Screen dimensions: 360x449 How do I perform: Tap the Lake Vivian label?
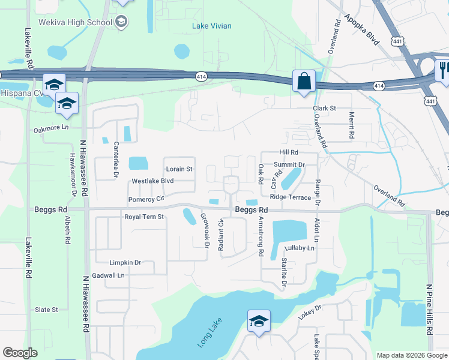click(x=211, y=26)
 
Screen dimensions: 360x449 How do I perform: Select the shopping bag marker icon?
click(x=304, y=80)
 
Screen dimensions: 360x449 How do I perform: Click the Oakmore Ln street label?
click(x=52, y=128)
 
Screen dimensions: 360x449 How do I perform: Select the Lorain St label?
click(x=179, y=169)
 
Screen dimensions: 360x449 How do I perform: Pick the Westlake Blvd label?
click(x=152, y=181)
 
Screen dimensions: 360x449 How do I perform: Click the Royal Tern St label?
click(x=144, y=217)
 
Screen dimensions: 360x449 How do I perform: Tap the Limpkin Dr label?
click(x=125, y=263)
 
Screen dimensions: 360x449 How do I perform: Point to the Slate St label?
click(x=46, y=310)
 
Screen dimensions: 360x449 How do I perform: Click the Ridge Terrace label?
click(x=291, y=197)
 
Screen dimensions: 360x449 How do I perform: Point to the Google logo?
click(x=20, y=353)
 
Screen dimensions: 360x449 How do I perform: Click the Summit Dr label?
click(x=289, y=164)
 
